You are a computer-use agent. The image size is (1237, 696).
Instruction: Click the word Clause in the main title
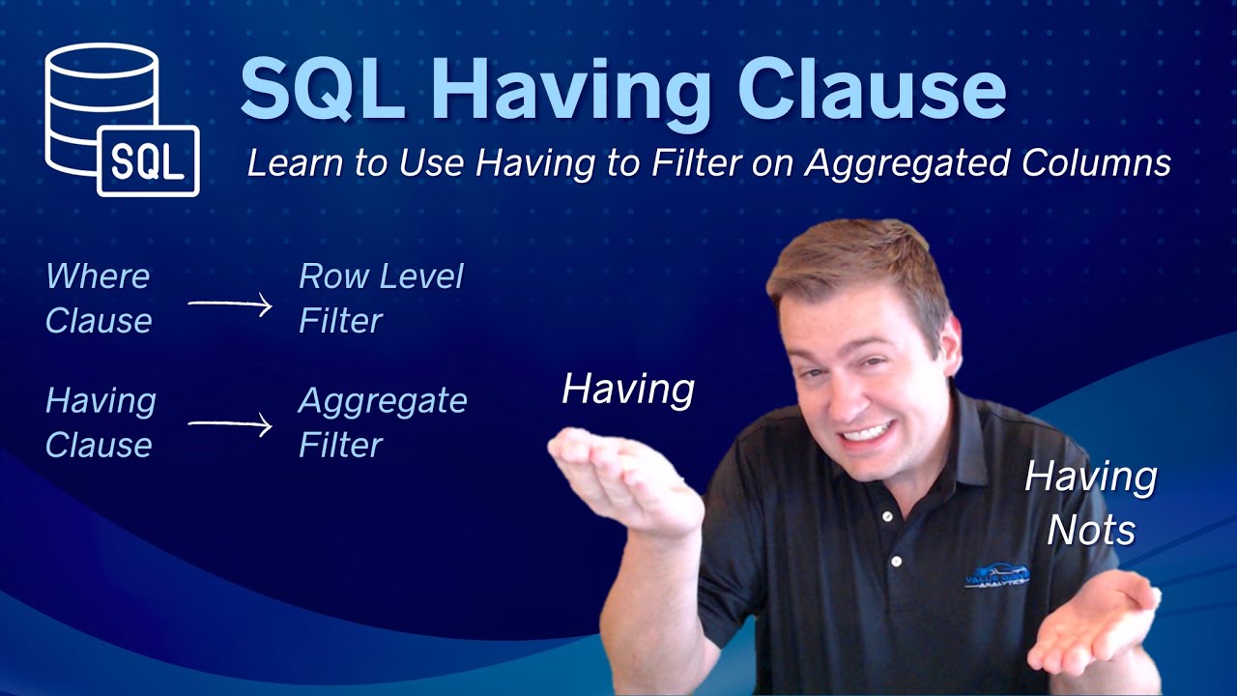pos(873,88)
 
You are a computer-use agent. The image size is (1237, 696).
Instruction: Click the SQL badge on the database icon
pos(148,160)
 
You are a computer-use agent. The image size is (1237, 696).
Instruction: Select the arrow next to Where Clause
pos(230,305)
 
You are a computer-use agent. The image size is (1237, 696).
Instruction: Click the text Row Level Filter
pos(381,298)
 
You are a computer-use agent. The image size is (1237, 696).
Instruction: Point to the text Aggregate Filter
pos(383,422)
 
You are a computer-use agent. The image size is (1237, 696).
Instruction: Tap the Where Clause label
pos(99,298)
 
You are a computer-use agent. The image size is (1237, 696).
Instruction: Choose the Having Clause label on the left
pos(101,422)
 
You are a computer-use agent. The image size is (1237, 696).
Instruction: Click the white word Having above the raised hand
pos(628,390)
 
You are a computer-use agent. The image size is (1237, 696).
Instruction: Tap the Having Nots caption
pos(1091,502)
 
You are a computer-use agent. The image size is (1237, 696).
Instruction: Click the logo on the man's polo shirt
pos(997,576)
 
